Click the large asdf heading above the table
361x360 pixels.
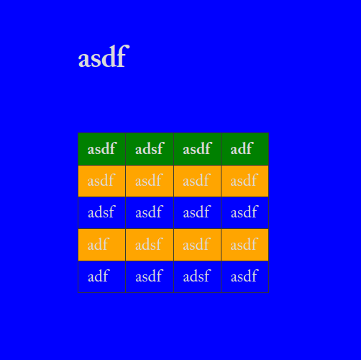point(104,56)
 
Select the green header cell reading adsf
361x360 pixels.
point(150,149)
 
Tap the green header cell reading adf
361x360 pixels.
point(245,149)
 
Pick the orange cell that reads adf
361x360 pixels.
point(101,245)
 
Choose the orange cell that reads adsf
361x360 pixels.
point(150,245)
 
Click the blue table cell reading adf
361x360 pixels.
point(101,276)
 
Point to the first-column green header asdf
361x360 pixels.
point(101,149)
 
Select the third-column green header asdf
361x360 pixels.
point(197,149)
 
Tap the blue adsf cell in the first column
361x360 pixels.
point(101,212)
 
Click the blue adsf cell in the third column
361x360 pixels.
point(197,276)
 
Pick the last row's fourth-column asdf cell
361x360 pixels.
point(245,276)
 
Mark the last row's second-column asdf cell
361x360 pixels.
point(150,276)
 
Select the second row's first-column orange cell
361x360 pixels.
point(101,181)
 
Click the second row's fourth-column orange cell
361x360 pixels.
point(245,181)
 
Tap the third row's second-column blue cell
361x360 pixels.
point(150,212)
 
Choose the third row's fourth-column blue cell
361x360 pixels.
point(245,212)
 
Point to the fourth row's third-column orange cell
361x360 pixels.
point(197,245)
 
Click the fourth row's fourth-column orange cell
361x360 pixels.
point(245,245)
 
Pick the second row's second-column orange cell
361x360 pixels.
point(150,181)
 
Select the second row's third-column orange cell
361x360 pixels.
point(197,181)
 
